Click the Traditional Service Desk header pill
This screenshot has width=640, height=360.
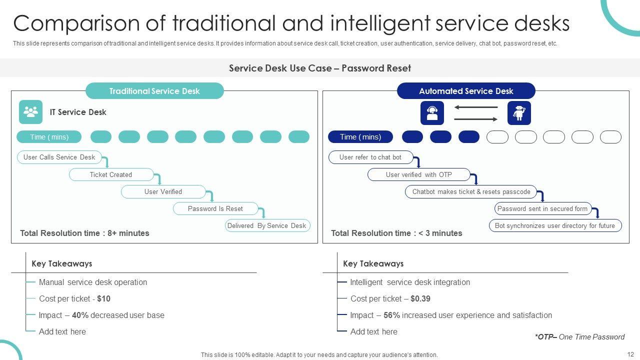click(x=154, y=91)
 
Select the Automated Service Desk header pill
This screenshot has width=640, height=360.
click(x=466, y=91)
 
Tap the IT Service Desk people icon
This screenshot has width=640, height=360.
click(x=30, y=112)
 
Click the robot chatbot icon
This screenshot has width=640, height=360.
click(x=519, y=112)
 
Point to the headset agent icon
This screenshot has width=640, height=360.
click(x=432, y=112)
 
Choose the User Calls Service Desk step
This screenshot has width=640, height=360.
click(x=59, y=157)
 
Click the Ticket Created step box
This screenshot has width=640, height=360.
click(x=111, y=174)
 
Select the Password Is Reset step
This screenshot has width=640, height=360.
click(x=215, y=208)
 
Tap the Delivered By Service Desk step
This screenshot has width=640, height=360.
click(x=267, y=225)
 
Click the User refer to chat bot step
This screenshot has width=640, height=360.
click(x=370, y=157)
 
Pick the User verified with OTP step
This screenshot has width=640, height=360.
click(x=419, y=174)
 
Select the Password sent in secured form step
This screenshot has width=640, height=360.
click(x=542, y=208)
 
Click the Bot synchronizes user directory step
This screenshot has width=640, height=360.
click(x=555, y=225)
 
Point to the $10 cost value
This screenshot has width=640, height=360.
click(x=104, y=298)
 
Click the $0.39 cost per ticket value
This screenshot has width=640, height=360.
click(x=420, y=298)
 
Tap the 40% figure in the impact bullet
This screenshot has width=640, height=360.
click(x=80, y=315)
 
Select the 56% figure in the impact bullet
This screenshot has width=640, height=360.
click(x=391, y=315)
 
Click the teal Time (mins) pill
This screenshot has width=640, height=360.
click(x=49, y=137)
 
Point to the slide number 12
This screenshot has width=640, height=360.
click(x=630, y=354)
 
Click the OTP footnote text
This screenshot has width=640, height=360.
click(x=579, y=337)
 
